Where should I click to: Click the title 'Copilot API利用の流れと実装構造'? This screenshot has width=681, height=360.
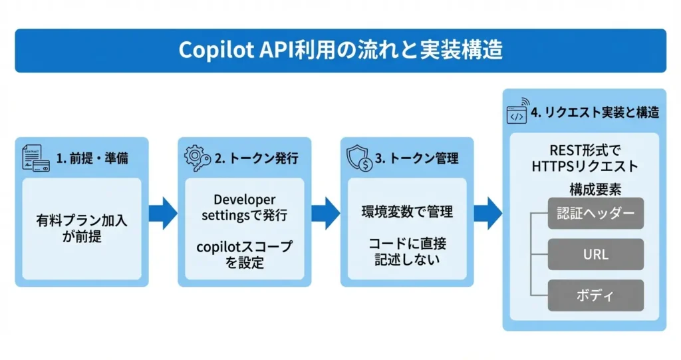(x=340, y=51)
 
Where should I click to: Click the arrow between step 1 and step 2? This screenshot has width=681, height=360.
(x=162, y=212)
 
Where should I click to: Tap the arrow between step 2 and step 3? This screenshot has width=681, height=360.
(x=325, y=212)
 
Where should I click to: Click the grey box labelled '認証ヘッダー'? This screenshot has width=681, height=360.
(x=595, y=214)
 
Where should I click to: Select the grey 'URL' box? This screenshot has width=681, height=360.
(x=595, y=254)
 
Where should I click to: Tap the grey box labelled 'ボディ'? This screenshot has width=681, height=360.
(x=595, y=295)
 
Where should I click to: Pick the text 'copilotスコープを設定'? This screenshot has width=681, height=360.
(x=244, y=254)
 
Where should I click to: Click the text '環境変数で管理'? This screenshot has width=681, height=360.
(x=407, y=212)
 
